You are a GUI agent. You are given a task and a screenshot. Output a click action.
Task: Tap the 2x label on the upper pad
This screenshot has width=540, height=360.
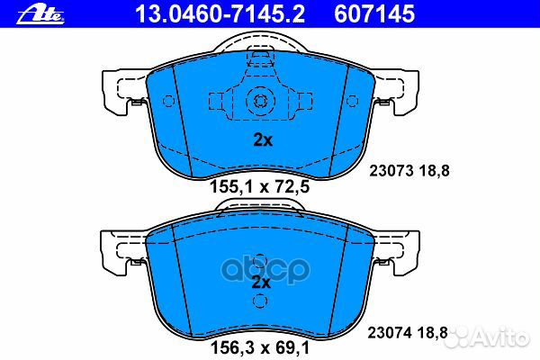click(x=260, y=139)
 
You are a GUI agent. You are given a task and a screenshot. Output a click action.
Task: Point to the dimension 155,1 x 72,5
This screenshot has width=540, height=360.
click(x=261, y=188)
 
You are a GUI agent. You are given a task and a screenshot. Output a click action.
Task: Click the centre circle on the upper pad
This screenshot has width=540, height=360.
click(x=260, y=102)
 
